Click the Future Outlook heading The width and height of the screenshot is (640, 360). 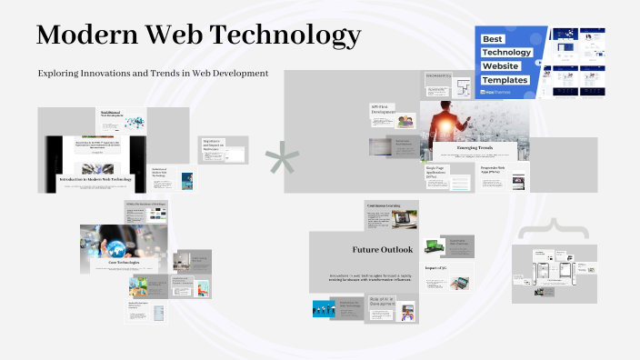point(383,249)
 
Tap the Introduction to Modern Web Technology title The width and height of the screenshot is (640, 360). point(95,179)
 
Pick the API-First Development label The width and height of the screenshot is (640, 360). point(383,109)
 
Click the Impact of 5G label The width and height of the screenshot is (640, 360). point(435,267)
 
